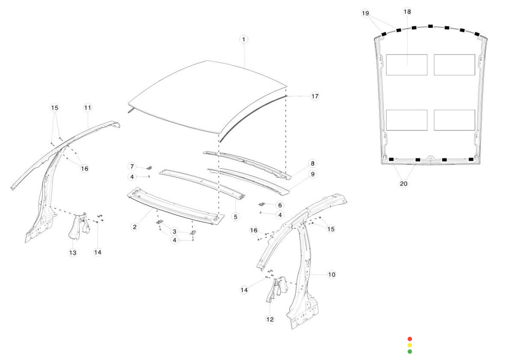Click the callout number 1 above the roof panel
point(244,40)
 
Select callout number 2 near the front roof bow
point(135,227)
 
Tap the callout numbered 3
point(174,231)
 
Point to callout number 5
point(236,217)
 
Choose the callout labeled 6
point(280,205)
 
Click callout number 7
point(132,166)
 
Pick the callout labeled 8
point(312,164)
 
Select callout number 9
point(312,174)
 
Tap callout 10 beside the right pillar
point(332,274)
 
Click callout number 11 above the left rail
point(88,108)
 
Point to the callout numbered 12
point(270,319)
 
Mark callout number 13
point(73,253)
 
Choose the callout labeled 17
point(315,96)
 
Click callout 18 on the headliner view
point(407,11)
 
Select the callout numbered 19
point(366,13)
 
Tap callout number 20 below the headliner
point(403,184)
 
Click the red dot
point(410,339)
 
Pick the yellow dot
point(410,345)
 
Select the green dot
point(410,351)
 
